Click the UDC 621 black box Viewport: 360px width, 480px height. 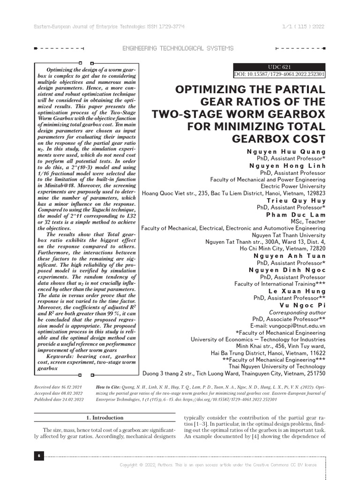click(x=279, y=67)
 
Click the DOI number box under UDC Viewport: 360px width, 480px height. click(x=279, y=75)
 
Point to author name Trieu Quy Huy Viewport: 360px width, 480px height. click(x=296, y=200)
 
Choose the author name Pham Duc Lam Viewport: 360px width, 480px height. click(x=302, y=214)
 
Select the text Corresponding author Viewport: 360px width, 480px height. click(x=297, y=312)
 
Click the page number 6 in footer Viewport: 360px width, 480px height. click(x=38, y=456)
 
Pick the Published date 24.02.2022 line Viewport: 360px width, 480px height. click(x=59, y=399)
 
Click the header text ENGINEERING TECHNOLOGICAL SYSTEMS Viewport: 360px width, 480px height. click(x=178, y=48)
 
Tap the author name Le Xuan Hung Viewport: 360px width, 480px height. click(x=297, y=291)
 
